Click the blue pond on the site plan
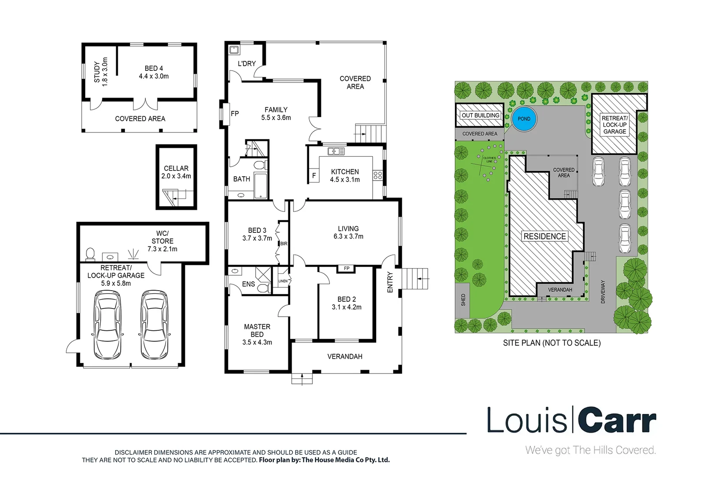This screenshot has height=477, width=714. pos(524,119)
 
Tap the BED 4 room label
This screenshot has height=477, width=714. pos(154,72)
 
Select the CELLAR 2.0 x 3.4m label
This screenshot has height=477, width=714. pos(176,172)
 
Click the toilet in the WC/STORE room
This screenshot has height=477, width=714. pos(90,254)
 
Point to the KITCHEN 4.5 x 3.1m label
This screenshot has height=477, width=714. pos(345,175)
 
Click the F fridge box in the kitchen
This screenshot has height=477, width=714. pos(314,175)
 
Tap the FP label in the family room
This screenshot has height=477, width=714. pos(235,114)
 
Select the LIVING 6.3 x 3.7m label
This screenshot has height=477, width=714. pos(348,232)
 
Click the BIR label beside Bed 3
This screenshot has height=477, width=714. pos(283,244)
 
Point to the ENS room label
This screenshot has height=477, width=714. pos(248,284)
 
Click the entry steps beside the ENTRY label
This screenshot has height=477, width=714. pos(415,279)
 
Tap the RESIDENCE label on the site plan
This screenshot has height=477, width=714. pos(544,236)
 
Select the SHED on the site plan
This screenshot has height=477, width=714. pos(463,300)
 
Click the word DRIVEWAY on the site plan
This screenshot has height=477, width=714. pos(603,291)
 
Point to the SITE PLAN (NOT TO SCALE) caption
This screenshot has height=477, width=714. pos(552,343)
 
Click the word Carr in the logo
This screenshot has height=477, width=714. pos(617,420)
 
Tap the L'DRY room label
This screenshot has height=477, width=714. pos(246,64)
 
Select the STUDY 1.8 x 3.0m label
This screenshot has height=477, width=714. pos(101,72)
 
